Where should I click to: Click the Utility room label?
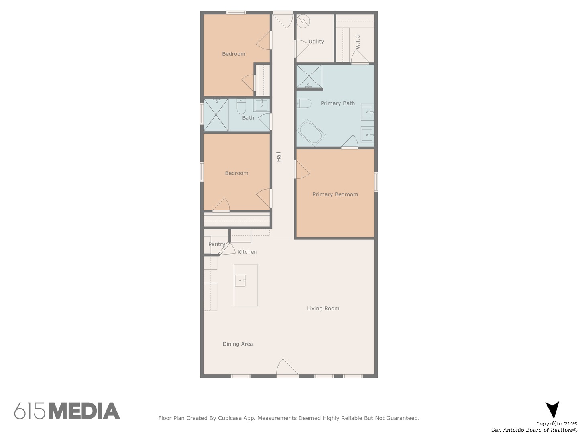tap(316, 42)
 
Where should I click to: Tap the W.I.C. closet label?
tap(358, 41)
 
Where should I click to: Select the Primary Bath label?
tap(338, 103)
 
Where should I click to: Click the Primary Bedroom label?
tap(335, 194)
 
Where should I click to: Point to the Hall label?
tap(279, 157)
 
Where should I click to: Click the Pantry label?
tap(216, 244)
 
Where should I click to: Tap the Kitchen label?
tap(247, 252)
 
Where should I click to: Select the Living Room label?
tap(323, 308)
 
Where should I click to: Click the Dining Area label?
tap(238, 344)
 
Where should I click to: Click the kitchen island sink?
tap(240, 280)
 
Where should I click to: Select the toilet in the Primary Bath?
tap(304, 103)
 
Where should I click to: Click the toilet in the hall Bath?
tap(241, 107)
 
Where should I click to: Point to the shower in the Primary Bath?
tap(309, 76)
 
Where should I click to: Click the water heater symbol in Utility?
tap(304, 21)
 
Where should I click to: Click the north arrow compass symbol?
tap(552, 410)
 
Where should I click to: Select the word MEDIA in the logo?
tap(84, 411)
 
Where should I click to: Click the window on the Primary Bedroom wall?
tap(376, 182)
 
